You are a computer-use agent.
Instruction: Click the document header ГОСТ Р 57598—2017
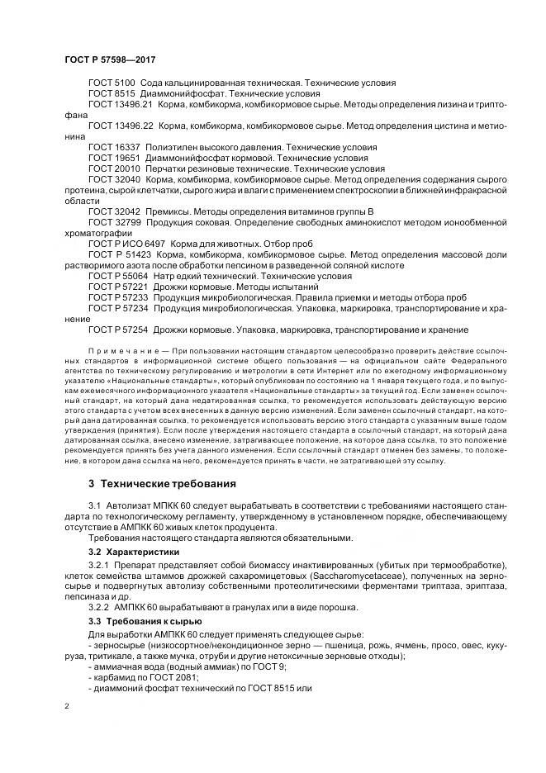coord(110,60)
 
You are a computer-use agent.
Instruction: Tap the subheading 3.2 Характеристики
coord(135,550)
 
